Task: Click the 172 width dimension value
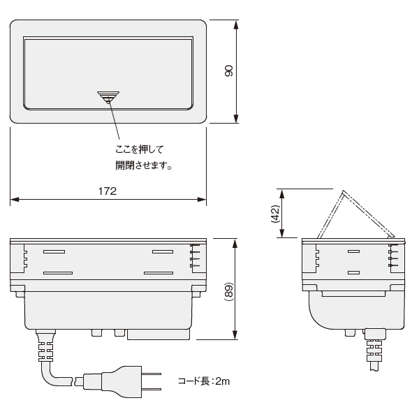tap(108, 191)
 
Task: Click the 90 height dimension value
tap(229, 71)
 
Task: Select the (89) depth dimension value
tap(229, 291)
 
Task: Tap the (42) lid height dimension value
tap(275, 214)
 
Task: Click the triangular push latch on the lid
tap(108, 97)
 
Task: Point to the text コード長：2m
tap(204, 381)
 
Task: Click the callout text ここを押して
tap(139, 149)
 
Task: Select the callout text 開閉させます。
tap(143, 166)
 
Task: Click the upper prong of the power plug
tap(152, 374)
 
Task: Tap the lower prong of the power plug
tap(152, 389)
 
